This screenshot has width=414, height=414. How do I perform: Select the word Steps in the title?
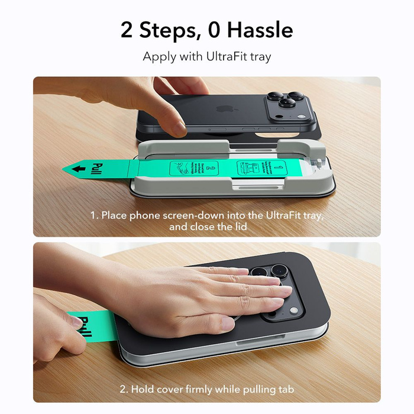(161, 30)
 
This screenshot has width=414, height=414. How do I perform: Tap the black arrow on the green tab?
(77, 169)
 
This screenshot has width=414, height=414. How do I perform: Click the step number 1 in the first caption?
(93, 215)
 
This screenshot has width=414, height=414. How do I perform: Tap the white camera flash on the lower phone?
(293, 311)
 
